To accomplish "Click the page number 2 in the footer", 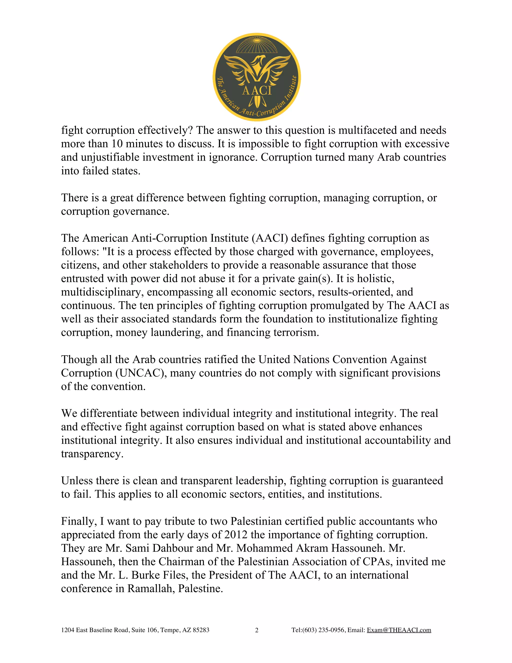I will pos(256,630).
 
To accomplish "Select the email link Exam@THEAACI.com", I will pos(399,630).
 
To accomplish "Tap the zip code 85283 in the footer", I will pos(201,630).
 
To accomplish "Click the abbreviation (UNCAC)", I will pos(141,373).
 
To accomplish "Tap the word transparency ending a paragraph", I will pos(92,454).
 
